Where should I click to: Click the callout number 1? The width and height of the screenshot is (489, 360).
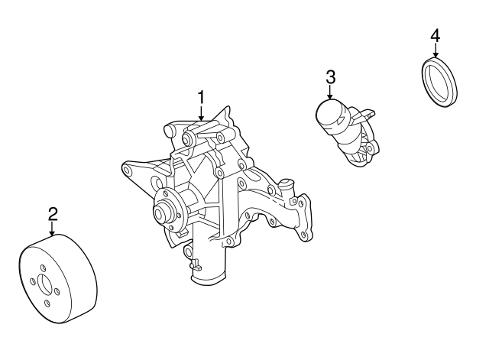point(202,98)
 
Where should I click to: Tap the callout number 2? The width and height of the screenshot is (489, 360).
point(52,213)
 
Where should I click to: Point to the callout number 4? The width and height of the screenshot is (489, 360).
point(436,35)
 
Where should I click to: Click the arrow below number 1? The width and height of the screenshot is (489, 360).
point(202,114)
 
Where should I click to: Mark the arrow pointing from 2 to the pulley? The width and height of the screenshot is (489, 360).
point(52,229)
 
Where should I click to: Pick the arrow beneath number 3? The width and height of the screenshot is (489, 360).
point(330,92)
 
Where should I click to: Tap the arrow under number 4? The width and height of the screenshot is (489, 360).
point(436,51)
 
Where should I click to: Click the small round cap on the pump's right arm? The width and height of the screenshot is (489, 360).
point(287,184)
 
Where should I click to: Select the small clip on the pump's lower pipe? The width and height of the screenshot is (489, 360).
point(194,264)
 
